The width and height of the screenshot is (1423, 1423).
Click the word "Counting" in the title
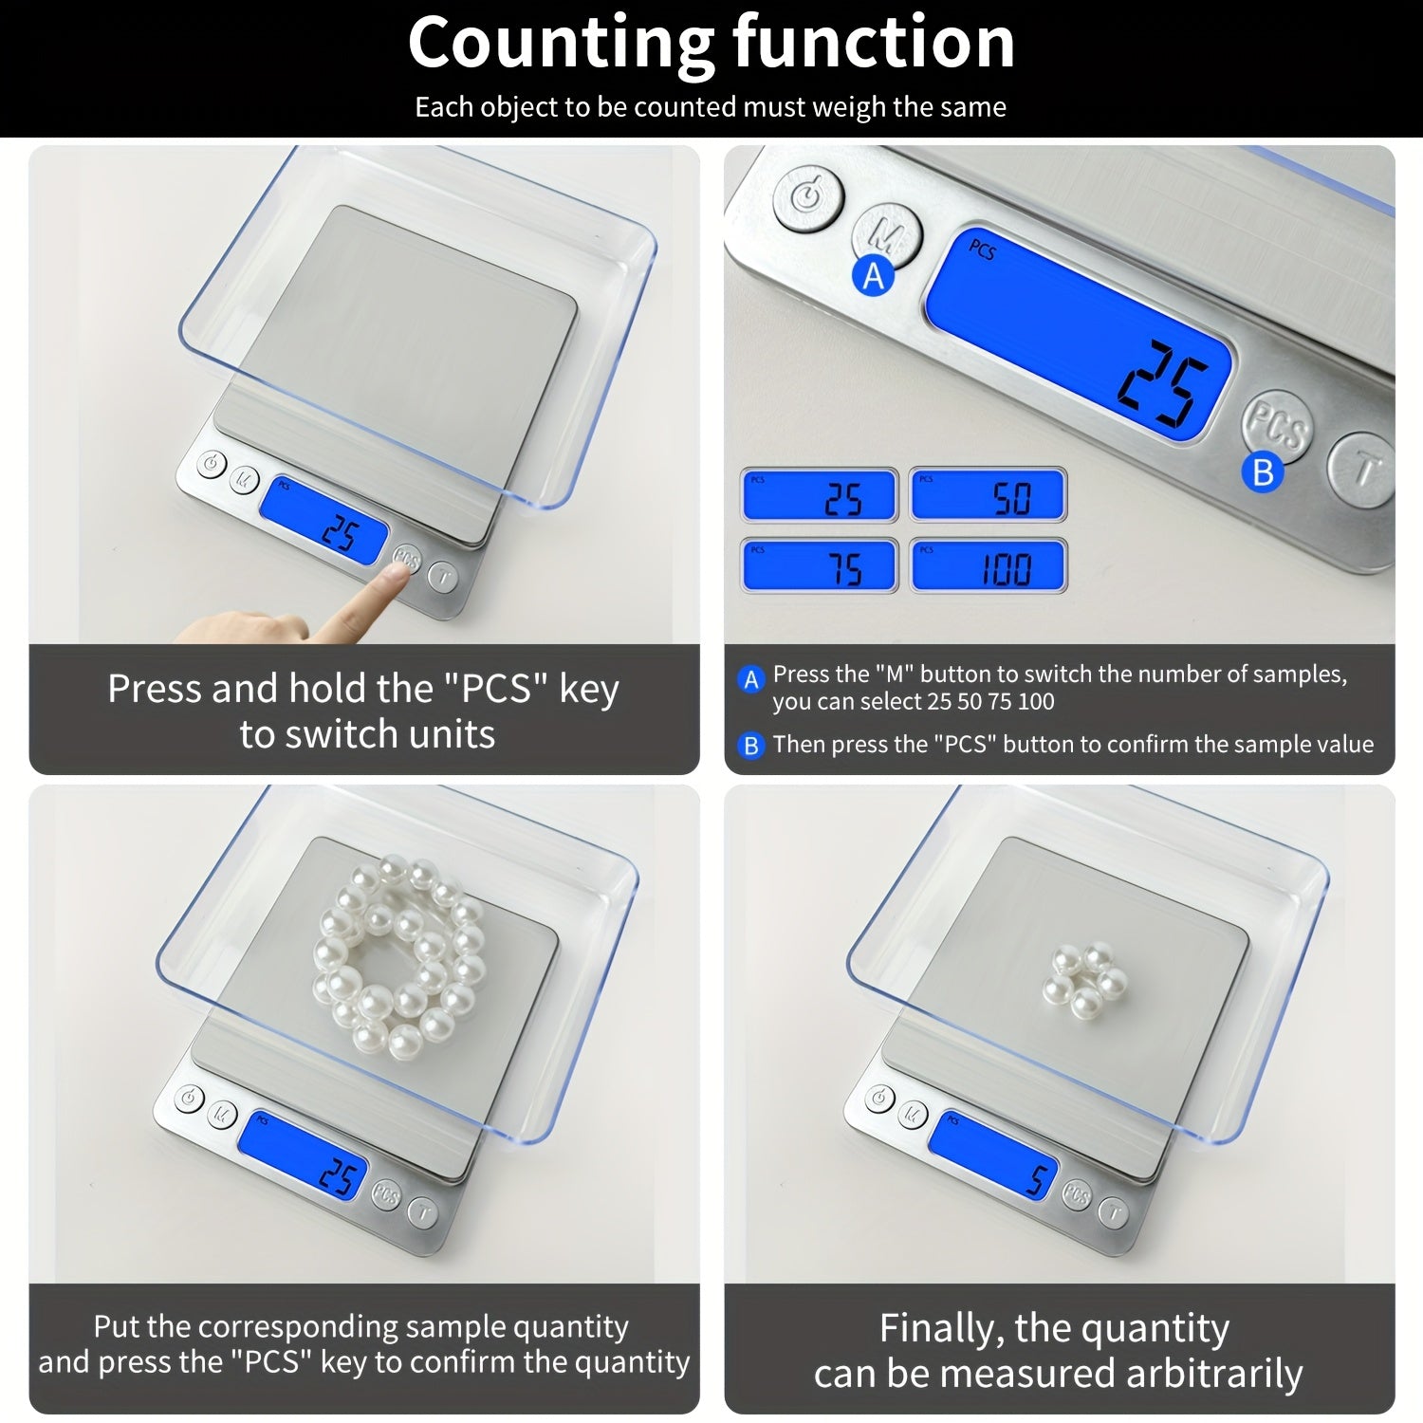pos(560,43)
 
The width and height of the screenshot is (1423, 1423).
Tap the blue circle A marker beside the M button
pos(873,276)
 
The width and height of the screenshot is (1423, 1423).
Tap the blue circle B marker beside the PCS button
pos(1263,471)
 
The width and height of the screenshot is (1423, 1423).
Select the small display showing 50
pos(988,495)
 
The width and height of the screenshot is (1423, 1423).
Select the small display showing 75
pos(820,566)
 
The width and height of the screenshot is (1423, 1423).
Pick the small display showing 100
pos(988,566)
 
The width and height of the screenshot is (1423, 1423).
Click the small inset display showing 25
pos(820,495)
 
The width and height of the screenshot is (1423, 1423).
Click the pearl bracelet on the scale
pos(398,953)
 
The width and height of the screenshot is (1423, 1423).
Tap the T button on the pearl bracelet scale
pos(423,1211)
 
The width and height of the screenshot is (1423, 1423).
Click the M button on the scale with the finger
pos(245,479)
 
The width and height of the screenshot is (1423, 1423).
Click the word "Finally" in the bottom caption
pos(939,1329)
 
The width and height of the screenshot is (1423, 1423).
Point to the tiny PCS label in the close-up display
pos(982,250)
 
